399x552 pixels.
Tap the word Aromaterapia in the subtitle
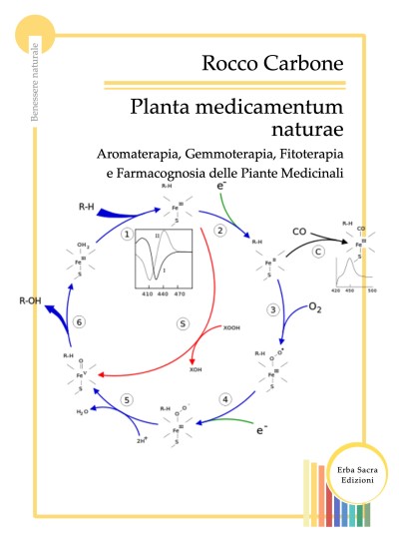tap(140, 156)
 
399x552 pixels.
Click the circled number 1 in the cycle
tap(127, 234)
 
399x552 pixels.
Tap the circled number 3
tap(273, 309)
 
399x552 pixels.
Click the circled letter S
tap(183, 323)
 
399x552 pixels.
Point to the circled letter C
tap(317, 252)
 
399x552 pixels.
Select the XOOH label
tap(231, 327)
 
